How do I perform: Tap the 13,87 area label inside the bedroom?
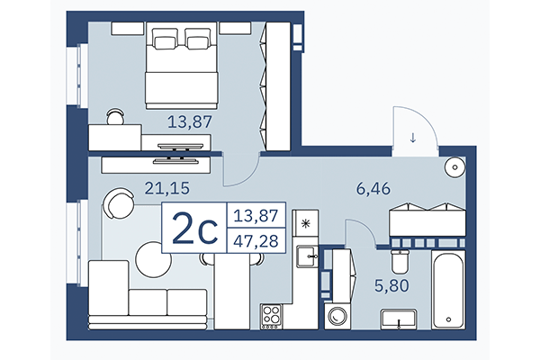click(192, 119)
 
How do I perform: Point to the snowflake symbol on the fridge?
click(307, 223)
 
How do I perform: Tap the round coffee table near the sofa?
click(153, 261)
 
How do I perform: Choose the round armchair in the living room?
click(117, 203)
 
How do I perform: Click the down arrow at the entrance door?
click(412, 138)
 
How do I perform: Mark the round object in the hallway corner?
click(455, 166)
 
